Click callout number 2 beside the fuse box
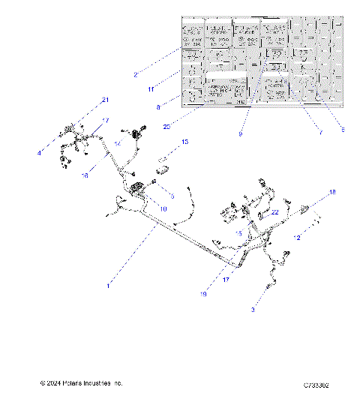(x=135, y=74)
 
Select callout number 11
(x=151, y=88)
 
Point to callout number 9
(x=240, y=133)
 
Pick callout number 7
(x=321, y=133)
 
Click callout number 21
(x=105, y=100)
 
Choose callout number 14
(x=117, y=143)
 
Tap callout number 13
(x=184, y=141)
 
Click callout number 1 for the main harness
(x=108, y=285)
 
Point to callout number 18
(x=334, y=193)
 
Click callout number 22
(x=275, y=212)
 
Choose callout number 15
(x=239, y=234)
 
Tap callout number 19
(x=202, y=294)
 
